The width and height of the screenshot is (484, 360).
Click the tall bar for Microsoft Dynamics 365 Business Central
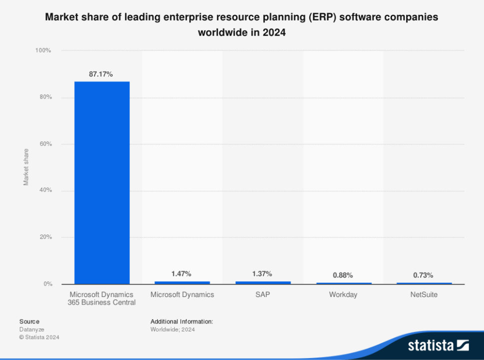[x=102, y=182]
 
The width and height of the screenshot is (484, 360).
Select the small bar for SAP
[x=263, y=282]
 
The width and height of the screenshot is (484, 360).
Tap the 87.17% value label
[x=101, y=74]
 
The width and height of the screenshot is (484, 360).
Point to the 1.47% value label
[x=181, y=273]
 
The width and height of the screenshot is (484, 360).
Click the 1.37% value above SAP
[x=262, y=273]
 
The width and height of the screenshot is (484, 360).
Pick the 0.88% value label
[x=343, y=275]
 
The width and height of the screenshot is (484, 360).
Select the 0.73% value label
[x=423, y=275]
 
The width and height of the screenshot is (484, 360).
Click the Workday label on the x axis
[x=343, y=294]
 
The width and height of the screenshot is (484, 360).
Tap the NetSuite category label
[x=424, y=294]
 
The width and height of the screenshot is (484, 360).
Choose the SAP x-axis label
[x=262, y=294]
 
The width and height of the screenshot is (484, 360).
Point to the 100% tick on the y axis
[x=43, y=50]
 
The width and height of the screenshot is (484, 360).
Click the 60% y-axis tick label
[x=45, y=144]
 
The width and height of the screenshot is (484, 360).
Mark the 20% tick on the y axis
[x=45, y=237]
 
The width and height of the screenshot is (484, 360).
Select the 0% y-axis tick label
[x=47, y=284]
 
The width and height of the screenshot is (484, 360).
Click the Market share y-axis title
[x=26, y=167]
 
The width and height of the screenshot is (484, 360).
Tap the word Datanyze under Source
[x=32, y=329]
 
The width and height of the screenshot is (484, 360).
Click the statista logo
[x=438, y=344]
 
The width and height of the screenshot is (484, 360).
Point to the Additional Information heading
[x=181, y=321]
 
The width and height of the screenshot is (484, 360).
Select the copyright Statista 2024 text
[x=39, y=337]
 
